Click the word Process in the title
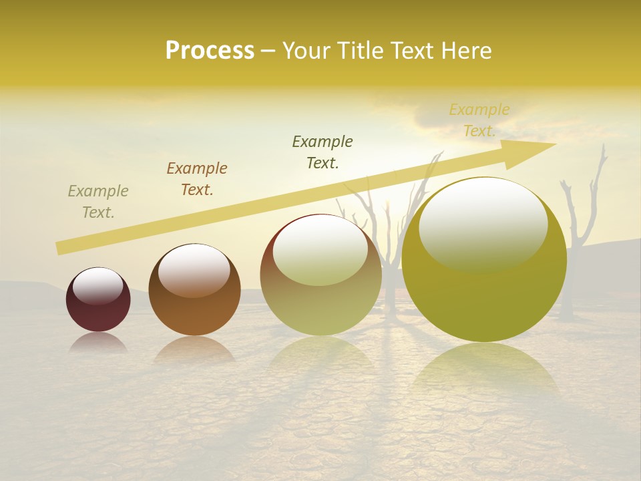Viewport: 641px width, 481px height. [210, 51]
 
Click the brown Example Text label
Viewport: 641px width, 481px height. [197, 179]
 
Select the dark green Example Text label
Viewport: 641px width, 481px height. [323, 152]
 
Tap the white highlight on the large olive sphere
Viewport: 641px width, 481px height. [483, 224]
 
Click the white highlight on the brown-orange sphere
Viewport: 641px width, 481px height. [194, 269]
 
